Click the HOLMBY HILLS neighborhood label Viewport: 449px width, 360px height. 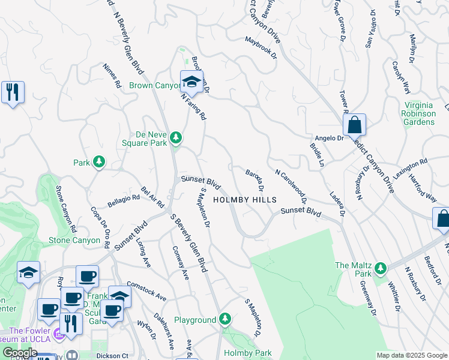(245, 200)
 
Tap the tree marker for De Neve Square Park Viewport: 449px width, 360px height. (176, 139)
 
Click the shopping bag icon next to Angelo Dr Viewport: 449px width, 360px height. (355, 125)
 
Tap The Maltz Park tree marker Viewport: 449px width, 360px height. (379, 269)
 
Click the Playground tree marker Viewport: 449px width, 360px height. (225, 318)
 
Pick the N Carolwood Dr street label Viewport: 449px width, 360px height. (291, 186)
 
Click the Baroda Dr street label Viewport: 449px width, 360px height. (255, 181)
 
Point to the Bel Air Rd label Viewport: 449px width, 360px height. (152, 196)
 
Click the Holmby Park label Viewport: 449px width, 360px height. (247, 353)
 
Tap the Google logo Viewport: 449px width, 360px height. (20, 353)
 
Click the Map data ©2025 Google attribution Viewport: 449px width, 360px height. (411, 355)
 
